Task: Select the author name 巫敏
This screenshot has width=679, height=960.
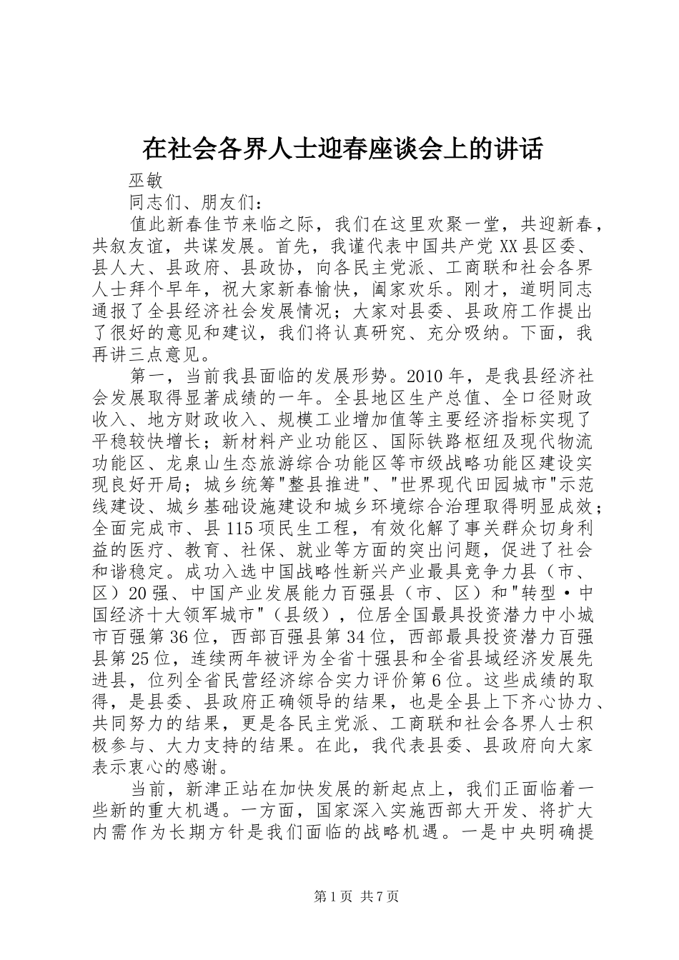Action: click(x=146, y=181)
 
